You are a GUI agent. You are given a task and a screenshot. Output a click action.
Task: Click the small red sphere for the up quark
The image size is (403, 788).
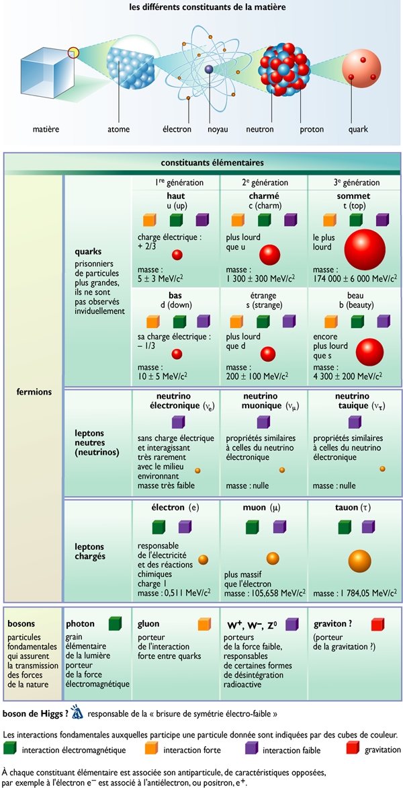(177, 255)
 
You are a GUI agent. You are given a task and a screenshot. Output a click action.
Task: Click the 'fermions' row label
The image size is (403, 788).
(34, 392)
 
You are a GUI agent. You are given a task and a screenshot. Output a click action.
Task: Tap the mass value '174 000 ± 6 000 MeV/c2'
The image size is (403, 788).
(353, 278)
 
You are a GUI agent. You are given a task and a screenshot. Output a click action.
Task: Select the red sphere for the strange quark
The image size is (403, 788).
(269, 354)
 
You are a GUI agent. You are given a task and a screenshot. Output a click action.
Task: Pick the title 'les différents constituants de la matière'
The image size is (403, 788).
(201, 7)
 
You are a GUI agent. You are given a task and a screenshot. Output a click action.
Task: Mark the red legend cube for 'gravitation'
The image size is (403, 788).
(351, 748)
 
